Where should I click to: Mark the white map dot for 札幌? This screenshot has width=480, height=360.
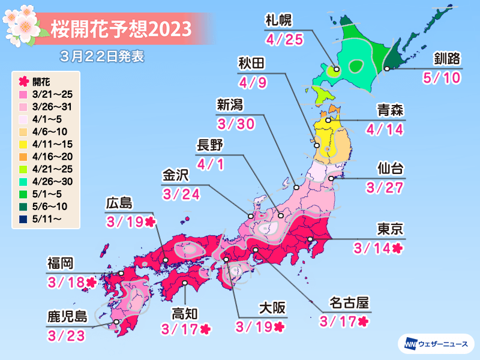pos(337,70)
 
